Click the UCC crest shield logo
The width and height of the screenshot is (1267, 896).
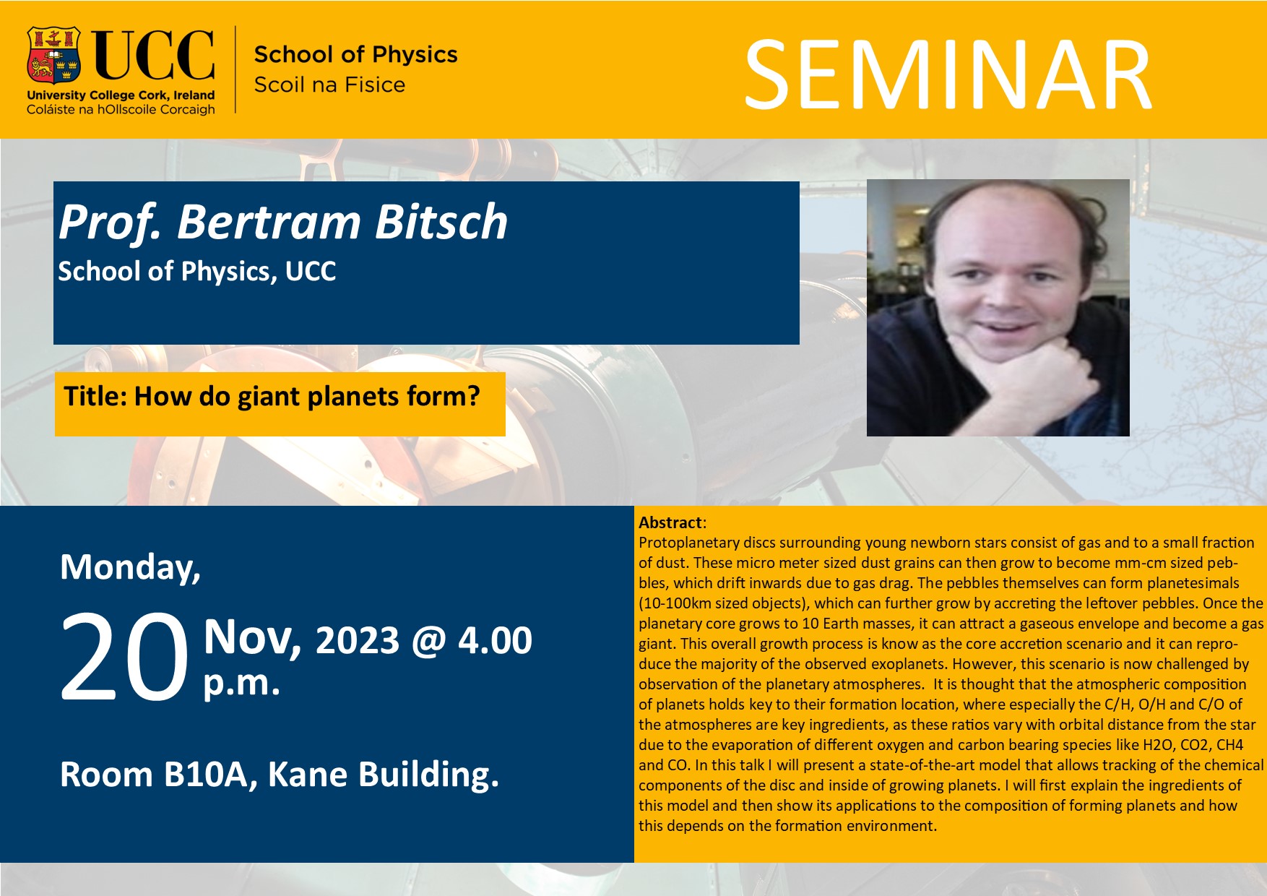click(53, 56)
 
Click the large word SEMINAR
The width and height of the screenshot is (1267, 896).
click(947, 75)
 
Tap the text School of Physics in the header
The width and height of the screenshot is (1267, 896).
click(355, 54)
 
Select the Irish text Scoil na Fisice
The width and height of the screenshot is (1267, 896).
click(329, 85)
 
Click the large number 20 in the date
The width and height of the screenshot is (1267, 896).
click(124, 657)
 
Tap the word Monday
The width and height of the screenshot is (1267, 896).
click(130, 568)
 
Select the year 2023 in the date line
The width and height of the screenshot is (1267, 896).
click(358, 640)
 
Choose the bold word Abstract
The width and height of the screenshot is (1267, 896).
click(670, 522)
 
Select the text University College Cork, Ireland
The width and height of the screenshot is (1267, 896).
click(121, 95)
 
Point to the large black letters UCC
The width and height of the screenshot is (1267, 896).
click(154, 55)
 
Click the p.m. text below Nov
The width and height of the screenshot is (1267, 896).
click(241, 684)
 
